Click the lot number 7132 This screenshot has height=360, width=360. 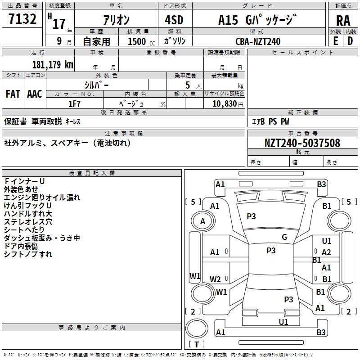22,19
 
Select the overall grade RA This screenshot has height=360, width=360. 343,21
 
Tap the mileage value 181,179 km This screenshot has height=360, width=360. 53,64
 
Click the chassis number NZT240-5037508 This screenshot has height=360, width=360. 302,143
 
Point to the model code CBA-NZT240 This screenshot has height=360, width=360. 258,41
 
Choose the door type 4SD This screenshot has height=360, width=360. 174,20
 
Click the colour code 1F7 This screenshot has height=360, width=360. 74,104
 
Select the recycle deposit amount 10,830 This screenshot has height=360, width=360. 224,104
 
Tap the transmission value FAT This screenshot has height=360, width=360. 13,94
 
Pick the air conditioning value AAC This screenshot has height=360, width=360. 35,94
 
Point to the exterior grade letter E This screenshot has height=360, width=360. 335,41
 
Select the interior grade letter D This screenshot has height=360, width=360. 350,41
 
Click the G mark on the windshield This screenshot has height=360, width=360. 284,237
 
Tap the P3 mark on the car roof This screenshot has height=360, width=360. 271,251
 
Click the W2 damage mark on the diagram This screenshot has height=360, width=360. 215,279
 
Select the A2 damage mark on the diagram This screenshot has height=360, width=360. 326,252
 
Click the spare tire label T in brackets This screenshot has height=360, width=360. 197,344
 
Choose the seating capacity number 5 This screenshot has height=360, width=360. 188,85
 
